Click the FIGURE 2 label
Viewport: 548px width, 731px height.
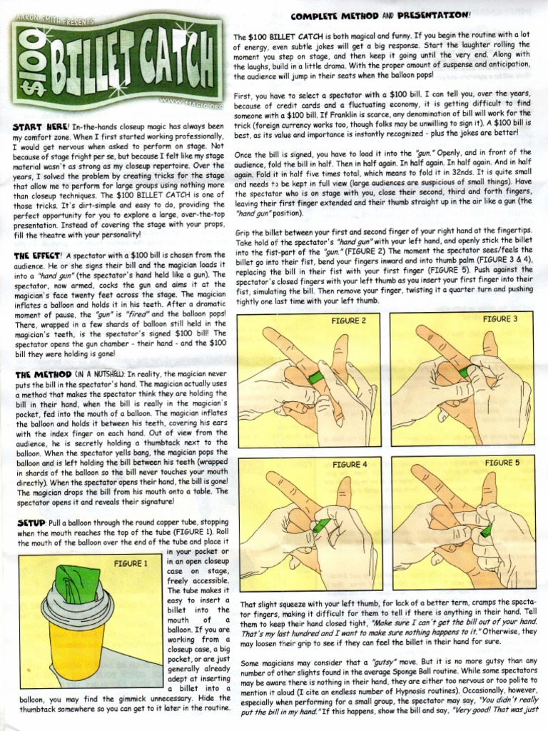[x=348, y=321]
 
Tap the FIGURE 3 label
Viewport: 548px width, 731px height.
[x=500, y=319]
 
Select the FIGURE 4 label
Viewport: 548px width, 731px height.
[x=350, y=465]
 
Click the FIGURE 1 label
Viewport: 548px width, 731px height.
[x=131, y=563]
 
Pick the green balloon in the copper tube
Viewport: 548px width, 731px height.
[x=76, y=582]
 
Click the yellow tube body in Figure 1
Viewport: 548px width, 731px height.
[x=77, y=650]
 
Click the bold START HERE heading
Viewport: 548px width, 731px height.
[x=41, y=126]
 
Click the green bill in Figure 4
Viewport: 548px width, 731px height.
[x=320, y=526]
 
